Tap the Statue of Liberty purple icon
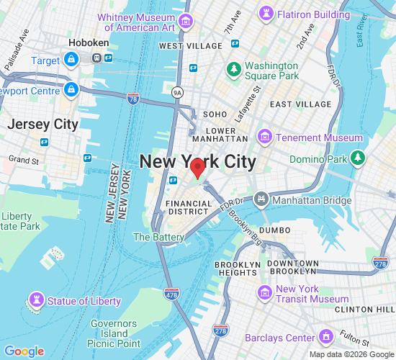click(x=35, y=300)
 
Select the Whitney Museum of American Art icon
click(x=186, y=21)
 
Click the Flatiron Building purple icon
click(x=268, y=14)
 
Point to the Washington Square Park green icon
click(x=233, y=69)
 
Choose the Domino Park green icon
click(x=359, y=158)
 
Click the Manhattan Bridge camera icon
click(x=261, y=198)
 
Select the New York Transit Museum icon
click(x=266, y=292)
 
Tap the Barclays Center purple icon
click(x=326, y=337)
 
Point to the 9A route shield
click(x=178, y=92)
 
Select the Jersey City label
click(x=42, y=124)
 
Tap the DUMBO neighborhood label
click(x=274, y=230)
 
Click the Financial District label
click(x=189, y=208)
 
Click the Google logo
click(x=24, y=351)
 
